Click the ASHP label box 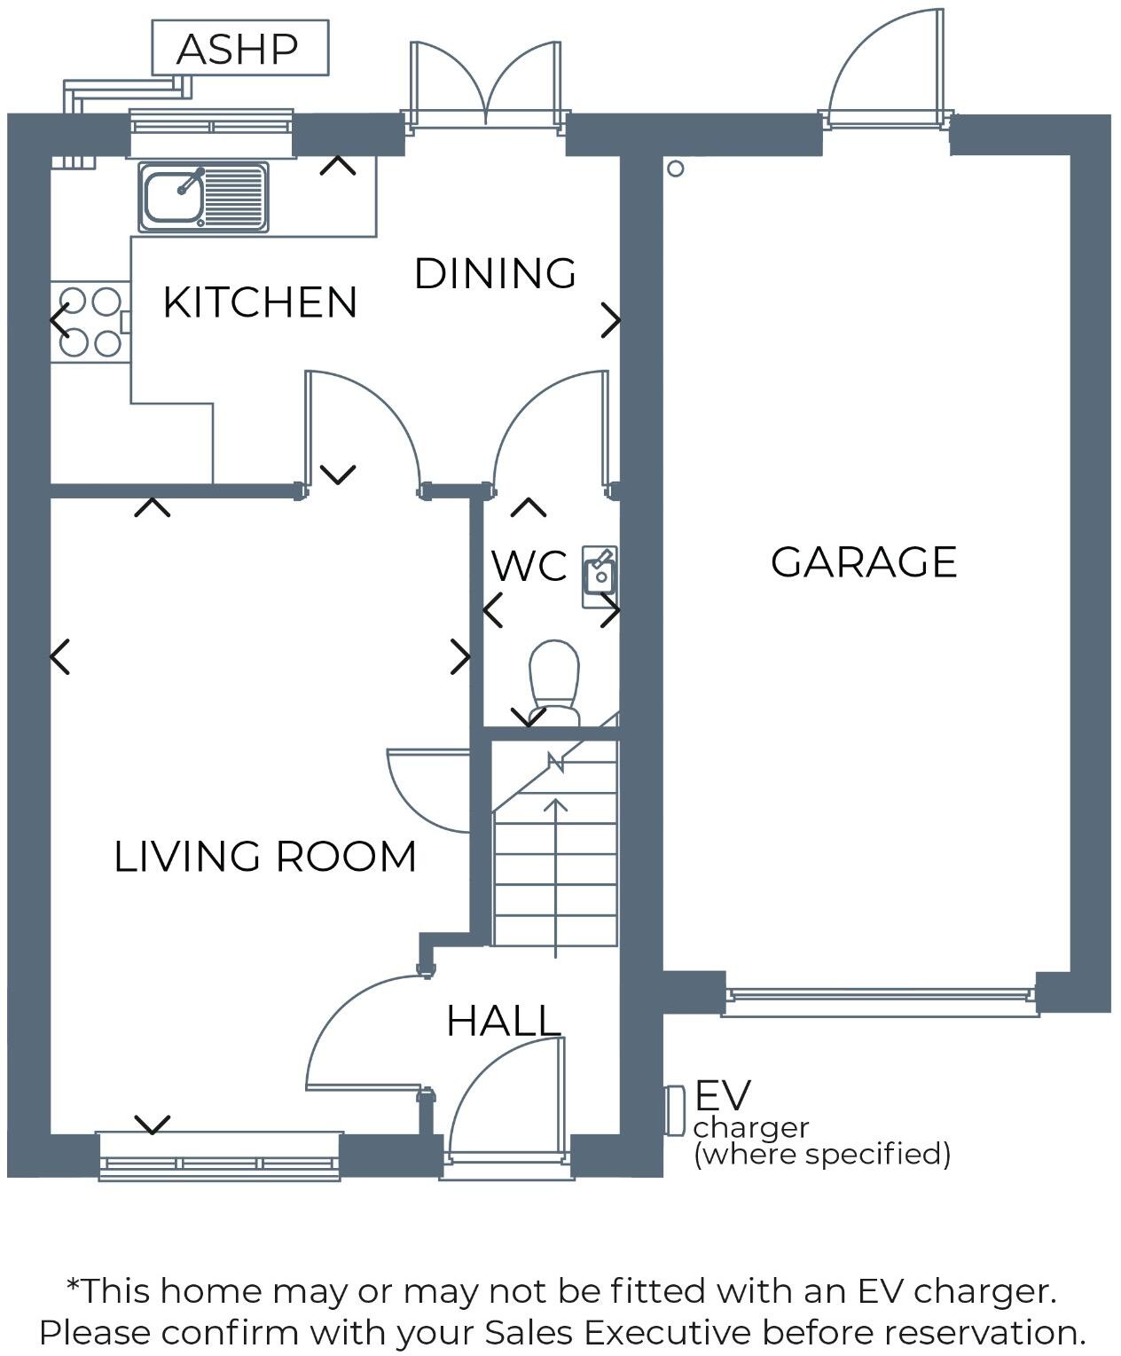[x=239, y=49]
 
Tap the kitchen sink [x=203, y=196]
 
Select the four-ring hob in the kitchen [x=90, y=321]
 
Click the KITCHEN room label [x=260, y=303]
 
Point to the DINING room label [x=495, y=273]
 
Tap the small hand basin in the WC [x=600, y=576]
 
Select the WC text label [x=529, y=566]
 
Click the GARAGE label [x=864, y=562]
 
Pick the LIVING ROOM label [x=265, y=857]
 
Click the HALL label [x=504, y=1021]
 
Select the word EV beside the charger [x=723, y=1096]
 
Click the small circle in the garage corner [x=676, y=169]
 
